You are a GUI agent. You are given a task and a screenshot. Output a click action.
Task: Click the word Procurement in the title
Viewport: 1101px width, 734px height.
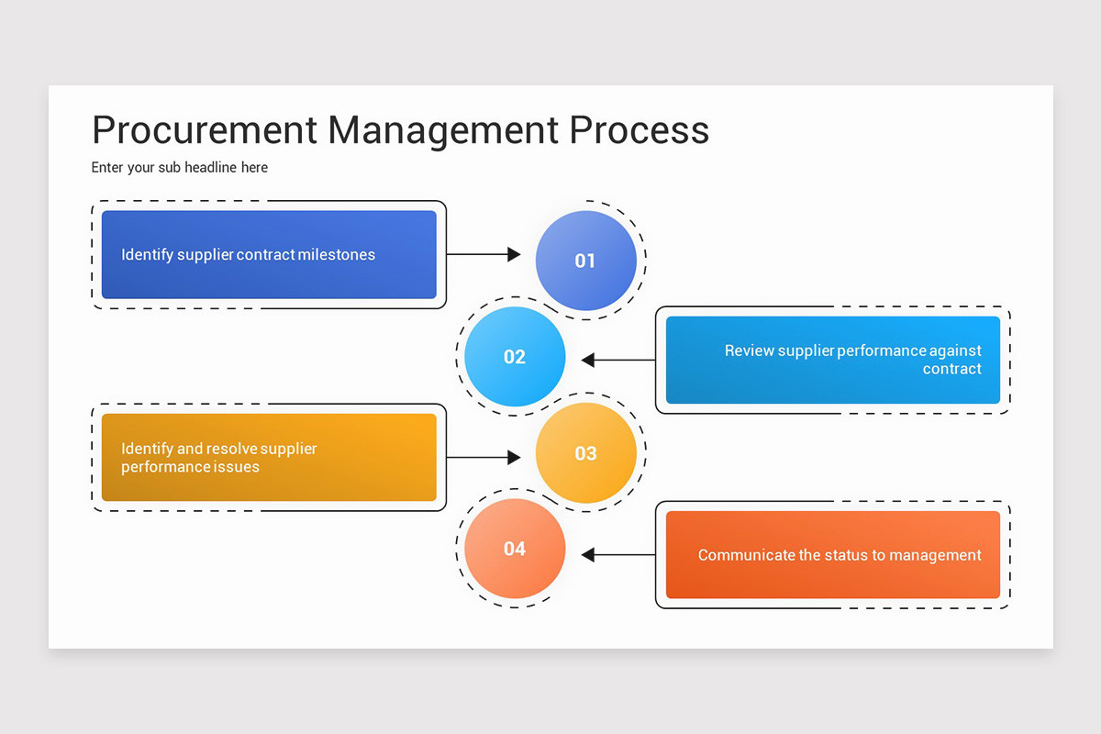tap(205, 130)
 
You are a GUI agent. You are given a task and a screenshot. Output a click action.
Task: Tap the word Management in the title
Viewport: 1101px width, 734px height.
tap(442, 130)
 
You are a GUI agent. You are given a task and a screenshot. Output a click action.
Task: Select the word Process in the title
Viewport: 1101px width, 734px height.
tap(639, 130)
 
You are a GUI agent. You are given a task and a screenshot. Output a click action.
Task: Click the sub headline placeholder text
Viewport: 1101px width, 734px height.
tap(180, 168)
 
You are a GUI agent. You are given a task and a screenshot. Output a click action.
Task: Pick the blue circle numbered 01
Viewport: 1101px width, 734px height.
tap(585, 261)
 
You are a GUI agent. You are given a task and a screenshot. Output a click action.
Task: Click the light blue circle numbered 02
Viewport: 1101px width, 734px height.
tap(515, 357)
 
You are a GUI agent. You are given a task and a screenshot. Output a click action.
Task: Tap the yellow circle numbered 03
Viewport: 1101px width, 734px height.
tap(585, 453)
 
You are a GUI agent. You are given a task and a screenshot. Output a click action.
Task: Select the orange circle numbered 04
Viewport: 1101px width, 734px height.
tap(515, 549)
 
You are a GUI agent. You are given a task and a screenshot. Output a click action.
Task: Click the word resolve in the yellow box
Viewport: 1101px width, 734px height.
tap(231, 449)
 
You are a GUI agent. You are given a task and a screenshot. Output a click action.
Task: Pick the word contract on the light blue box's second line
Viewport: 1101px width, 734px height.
tap(951, 369)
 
